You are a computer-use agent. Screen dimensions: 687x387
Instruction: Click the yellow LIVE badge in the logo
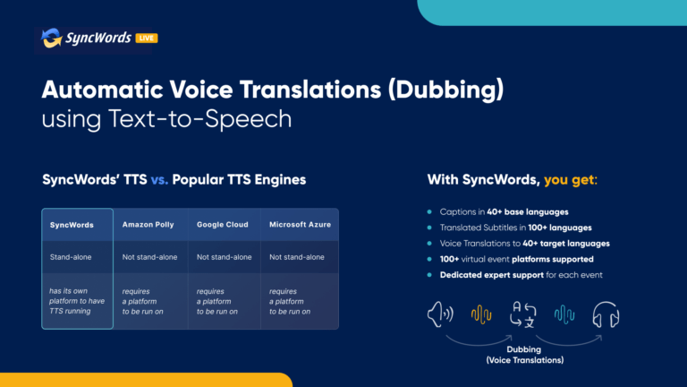pyautogui.click(x=147, y=39)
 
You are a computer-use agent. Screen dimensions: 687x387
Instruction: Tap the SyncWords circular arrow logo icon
pyautogui.click(x=51, y=38)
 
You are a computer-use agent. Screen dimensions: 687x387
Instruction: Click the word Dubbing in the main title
pyautogui.click(x=446, y=90)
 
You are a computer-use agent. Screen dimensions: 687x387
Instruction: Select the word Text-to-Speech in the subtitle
pyautogui.click(x=199, y=119)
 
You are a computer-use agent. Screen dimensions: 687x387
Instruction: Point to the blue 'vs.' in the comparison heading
pyautogui.click(x=159, y=180)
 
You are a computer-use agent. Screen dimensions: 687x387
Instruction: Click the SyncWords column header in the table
pyautogui.click(x=72, y=225)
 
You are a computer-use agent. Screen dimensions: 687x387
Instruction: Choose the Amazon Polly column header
pyautogui.click(x=148, y=225)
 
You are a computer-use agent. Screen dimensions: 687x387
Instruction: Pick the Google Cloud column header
pyautogui.click(x=223, y=225)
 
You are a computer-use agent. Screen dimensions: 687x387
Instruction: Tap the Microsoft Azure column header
pyautogui.click(x=301, y=225)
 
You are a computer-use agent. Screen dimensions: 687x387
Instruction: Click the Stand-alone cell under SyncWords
pyautogui.click(x=71, y=257)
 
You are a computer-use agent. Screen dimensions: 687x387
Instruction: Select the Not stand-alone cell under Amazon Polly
pyautogui.click(x=150, y=257)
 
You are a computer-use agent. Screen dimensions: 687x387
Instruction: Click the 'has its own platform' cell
pyautogui.click(x=77, y=301)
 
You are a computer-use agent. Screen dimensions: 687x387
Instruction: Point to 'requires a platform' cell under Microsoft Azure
pyautogui.click(x=290, y=301)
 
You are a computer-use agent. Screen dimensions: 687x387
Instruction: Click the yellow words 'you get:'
pyautogui.click(x=571, y=180)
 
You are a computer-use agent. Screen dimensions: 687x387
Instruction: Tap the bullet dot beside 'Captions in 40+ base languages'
pyautogui.click(x=429, y=212)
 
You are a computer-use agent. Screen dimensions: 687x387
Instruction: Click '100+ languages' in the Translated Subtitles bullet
pyautogui.click(x=560, y=228)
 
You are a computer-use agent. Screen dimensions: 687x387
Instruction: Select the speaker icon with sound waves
pyautogui.click(x=440, y=314)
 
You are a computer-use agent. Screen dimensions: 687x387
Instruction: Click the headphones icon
pyautogui.click(x=606, y=314)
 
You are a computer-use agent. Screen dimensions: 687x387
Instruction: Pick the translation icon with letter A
pyautogui.click(x=523, y=314)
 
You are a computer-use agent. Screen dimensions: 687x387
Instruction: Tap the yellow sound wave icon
pyautogui.click(x=481, y=314)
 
